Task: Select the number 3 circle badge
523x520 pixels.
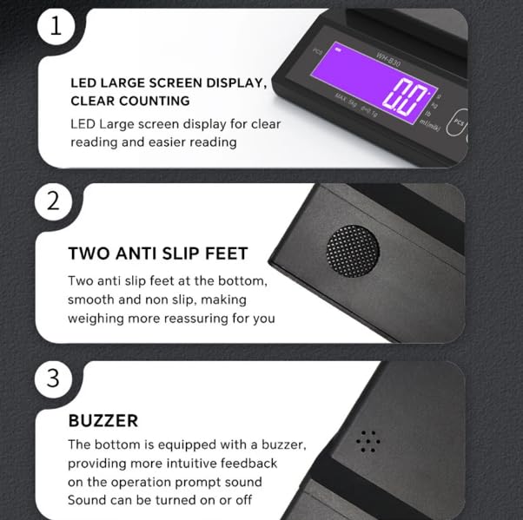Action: [53, 379]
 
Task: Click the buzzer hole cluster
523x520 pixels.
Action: [368, 442]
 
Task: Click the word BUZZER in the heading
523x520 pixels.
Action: [103, 421]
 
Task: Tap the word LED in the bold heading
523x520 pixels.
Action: [83, 83]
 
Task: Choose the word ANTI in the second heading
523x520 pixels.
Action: [142, 253]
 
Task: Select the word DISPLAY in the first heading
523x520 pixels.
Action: [228, 83]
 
